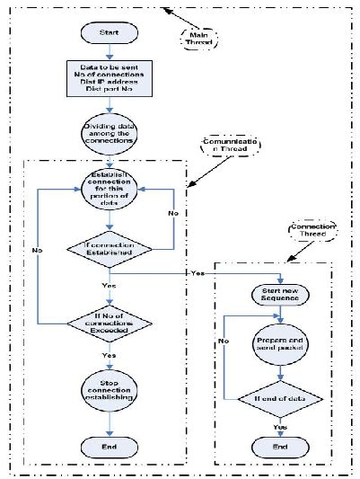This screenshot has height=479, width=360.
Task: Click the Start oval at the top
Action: pyautogui.click(x=110, y=32)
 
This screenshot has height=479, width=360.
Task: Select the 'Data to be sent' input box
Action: pyautogui.click(x=110, y=80)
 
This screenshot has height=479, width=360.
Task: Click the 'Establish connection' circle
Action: pyautogui.click(x=110, y=191)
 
